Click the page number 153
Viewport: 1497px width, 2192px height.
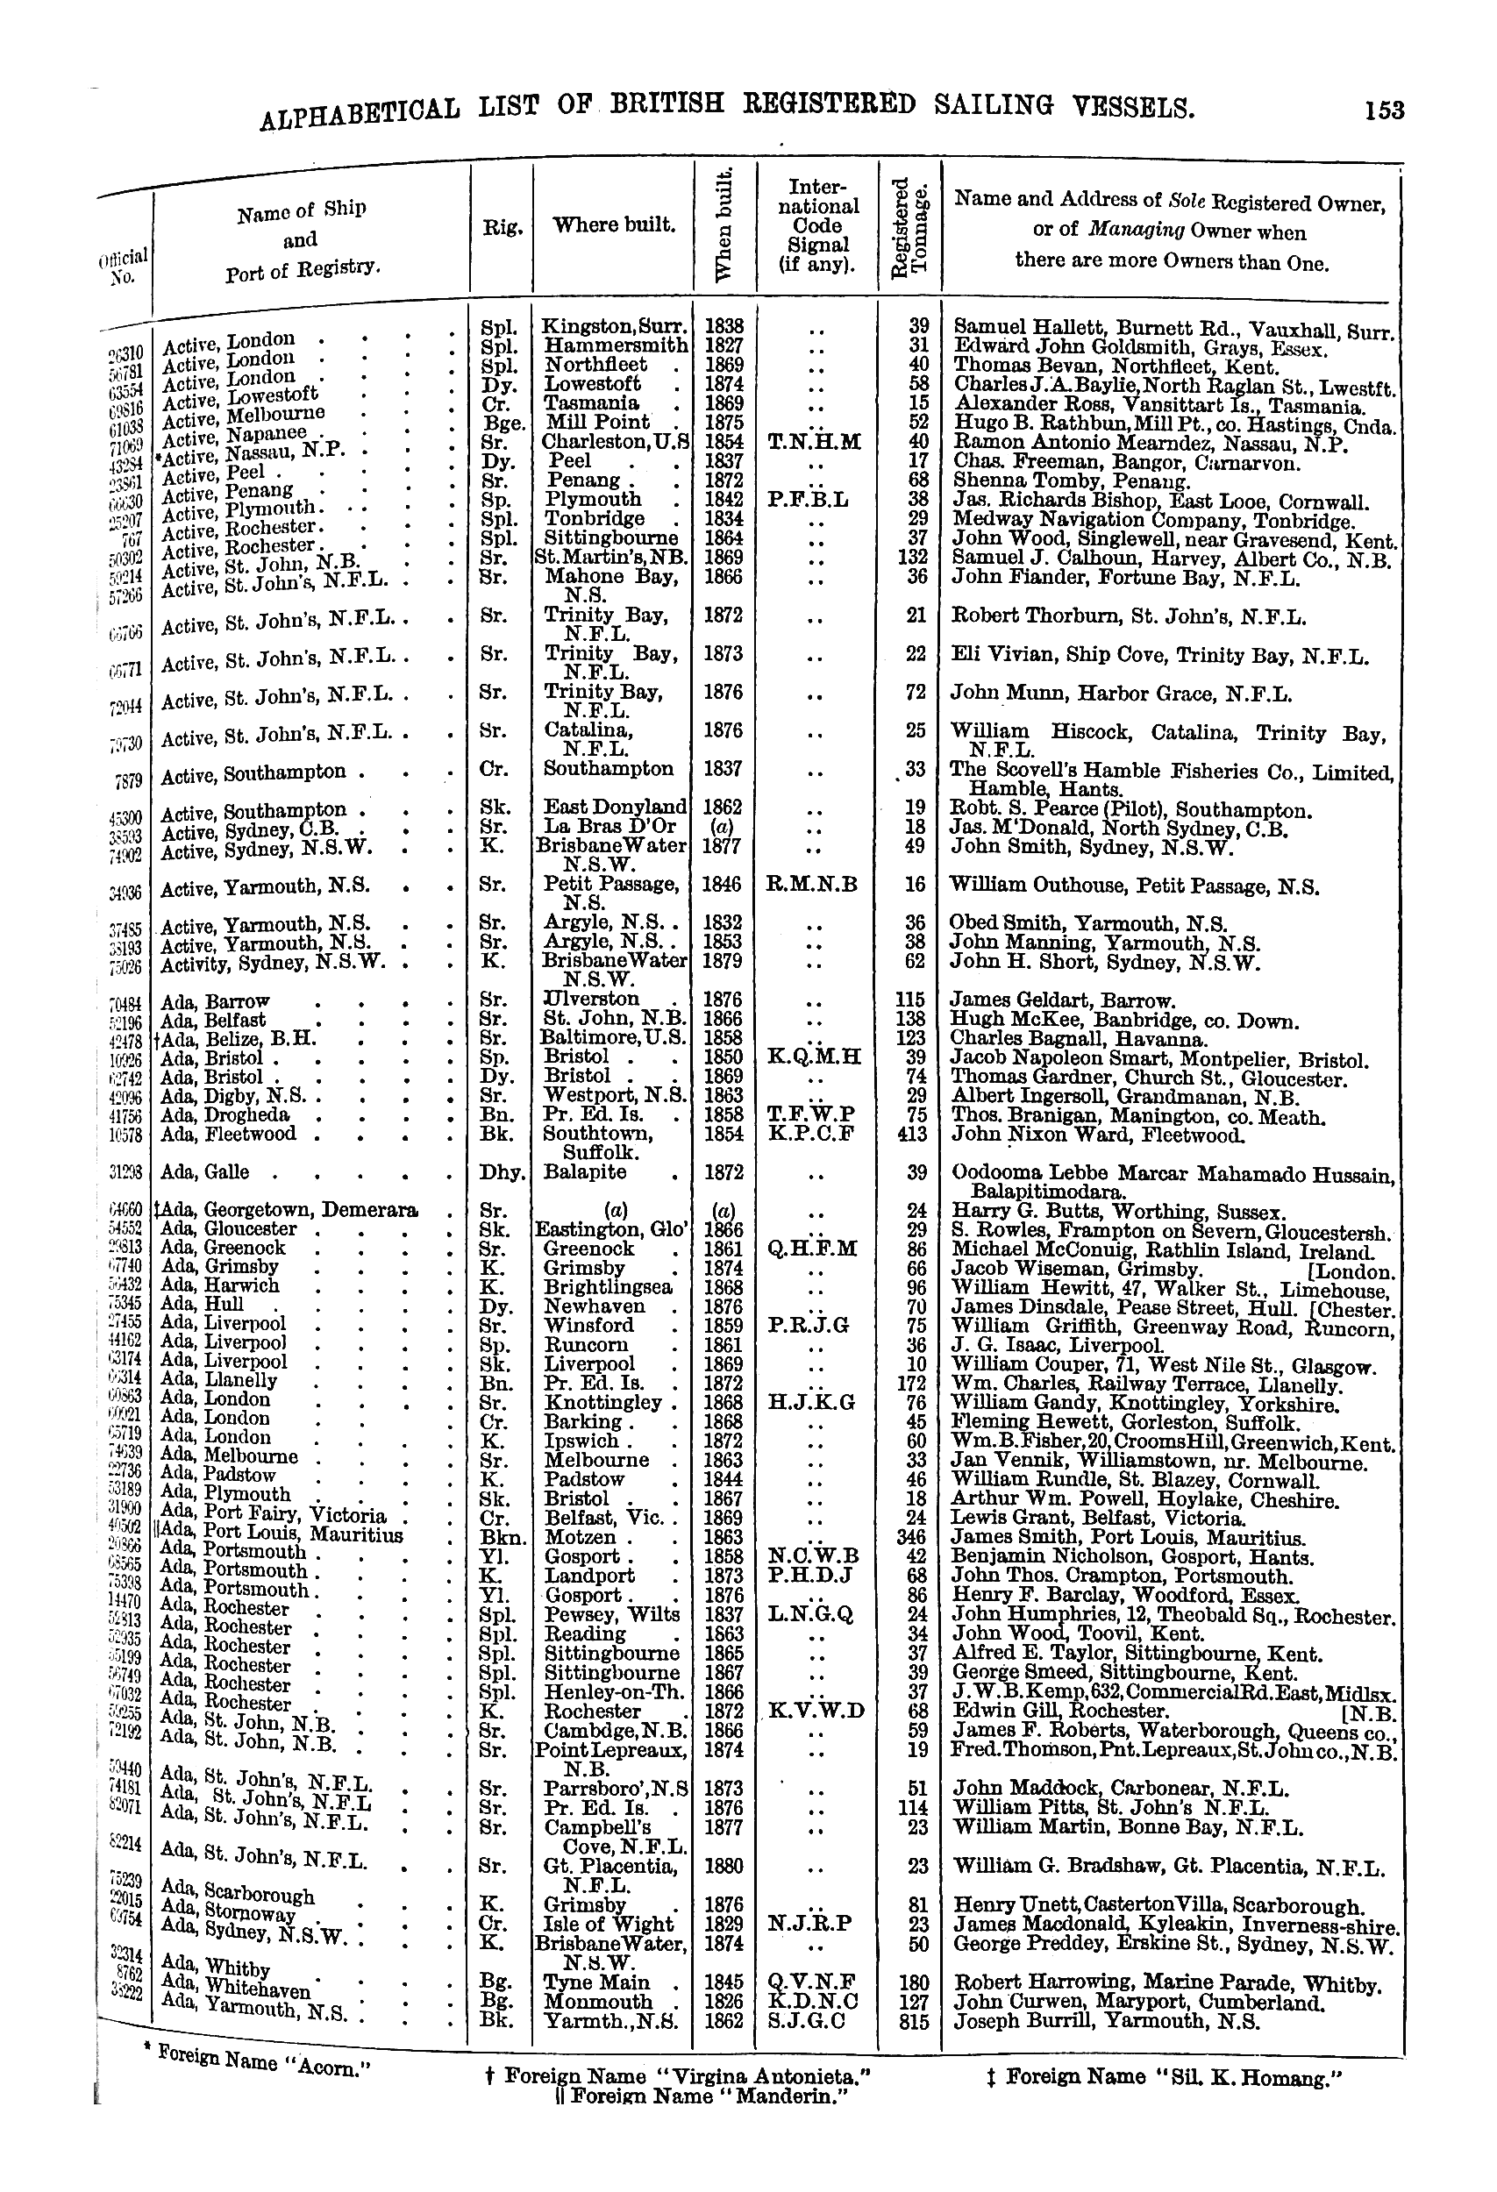click(1383, 110)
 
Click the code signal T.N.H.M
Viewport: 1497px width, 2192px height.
click(815, 441)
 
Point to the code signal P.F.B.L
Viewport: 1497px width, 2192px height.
click(815, 500)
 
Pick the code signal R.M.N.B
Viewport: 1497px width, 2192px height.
click(815, 885)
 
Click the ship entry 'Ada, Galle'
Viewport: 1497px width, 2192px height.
click(205, 1172)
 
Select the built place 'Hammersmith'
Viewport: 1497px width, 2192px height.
click(616, 346)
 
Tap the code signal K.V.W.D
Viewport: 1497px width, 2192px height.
click(816, 1711)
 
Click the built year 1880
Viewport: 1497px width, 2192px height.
click(724, 1865)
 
